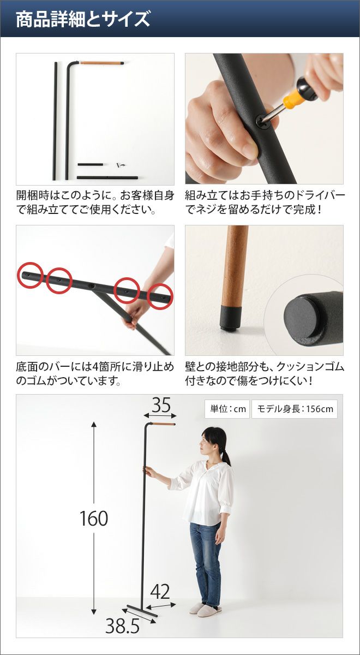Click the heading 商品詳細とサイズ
(83, 19)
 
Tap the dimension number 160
(94, 518)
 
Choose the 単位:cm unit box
(227, 408)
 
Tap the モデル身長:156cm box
(295, 408)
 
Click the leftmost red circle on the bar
(30, 275)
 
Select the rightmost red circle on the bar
(160, 296)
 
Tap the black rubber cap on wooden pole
(232, 317)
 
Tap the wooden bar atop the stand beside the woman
(163, 424)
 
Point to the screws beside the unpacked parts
(121, 165)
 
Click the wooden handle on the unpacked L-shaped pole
(100, 63)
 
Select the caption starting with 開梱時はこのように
(95, 202)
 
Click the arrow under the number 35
(160, 416)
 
